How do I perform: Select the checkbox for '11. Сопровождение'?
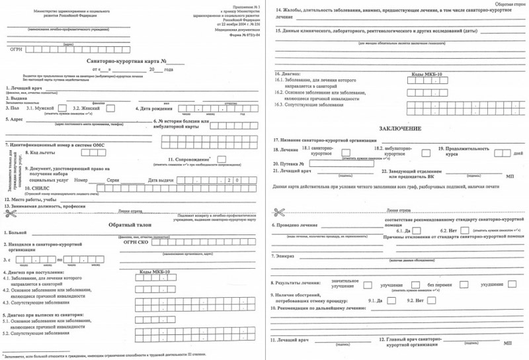tap(222, 159)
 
